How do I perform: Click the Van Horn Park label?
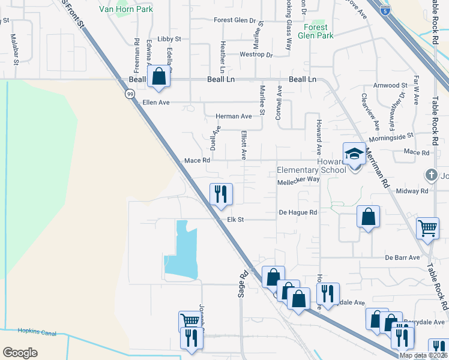click(x=126, y=9)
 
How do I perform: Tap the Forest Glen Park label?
click(x=315, y=31)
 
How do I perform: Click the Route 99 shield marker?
click(x=130, y=94)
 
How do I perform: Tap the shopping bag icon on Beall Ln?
click(x=158, y=76)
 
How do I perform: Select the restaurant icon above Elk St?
click(x=220, y=193)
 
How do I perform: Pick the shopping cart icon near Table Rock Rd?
click(x=427, y=228)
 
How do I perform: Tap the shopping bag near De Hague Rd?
click(x=368, y=217)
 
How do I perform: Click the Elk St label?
click(x=235, y=220)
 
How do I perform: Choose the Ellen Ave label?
click(x=156, y=103)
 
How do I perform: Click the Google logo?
click(x=20, y=352)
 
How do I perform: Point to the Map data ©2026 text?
click(x=423, y=355)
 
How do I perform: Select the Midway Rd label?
click(x=415, y=191)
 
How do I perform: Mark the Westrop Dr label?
click(x=256, y=55)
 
